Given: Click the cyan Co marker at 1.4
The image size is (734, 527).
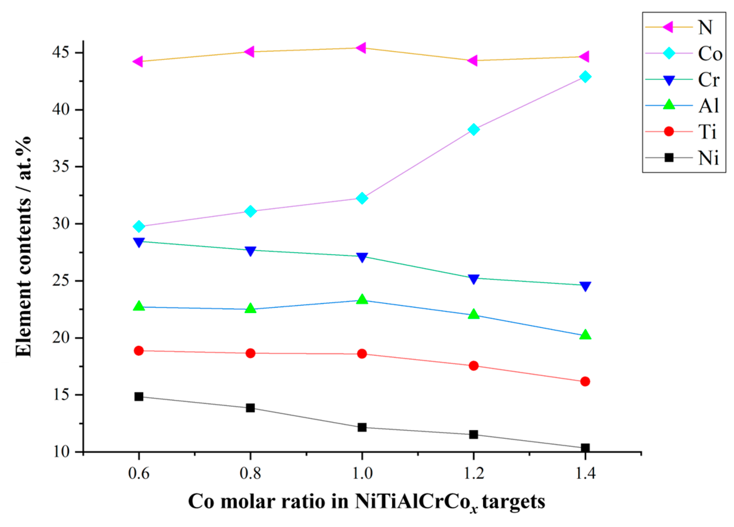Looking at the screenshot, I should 585,77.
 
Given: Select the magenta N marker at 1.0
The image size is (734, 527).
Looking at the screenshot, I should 361,48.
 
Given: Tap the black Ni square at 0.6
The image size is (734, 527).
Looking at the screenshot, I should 139,397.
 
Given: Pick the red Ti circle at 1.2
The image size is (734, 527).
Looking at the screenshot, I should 473,366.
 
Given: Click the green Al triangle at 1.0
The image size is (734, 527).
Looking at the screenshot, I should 362,299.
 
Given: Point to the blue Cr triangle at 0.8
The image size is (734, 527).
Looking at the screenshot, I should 250,251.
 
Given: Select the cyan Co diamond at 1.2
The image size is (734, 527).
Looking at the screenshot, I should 473,129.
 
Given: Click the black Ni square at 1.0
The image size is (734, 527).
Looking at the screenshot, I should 362,427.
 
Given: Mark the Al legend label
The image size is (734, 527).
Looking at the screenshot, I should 708,106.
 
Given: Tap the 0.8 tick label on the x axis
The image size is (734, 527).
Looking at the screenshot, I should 250,474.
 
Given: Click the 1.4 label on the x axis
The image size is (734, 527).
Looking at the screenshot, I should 585,474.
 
